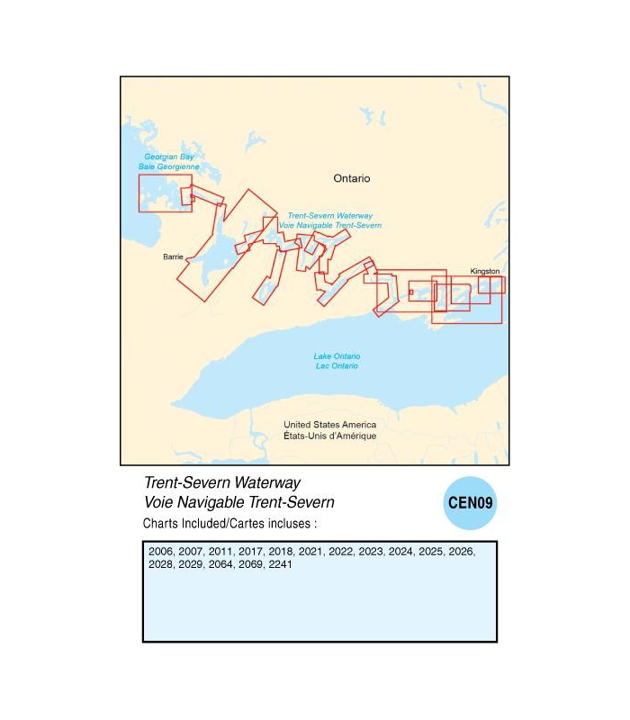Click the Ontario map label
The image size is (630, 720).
[351, 178]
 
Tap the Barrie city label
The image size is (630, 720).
[173, 257]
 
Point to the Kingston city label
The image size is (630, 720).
[484, 270]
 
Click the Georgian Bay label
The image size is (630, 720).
[169, 157]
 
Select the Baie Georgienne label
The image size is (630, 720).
[169, 167]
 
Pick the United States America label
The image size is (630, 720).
[329, 425]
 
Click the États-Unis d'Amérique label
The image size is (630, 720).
[329, 436]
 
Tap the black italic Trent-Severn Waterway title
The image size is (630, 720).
[222, 483]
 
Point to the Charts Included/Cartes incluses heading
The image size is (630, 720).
[229, 523]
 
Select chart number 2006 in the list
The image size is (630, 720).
[161, 551]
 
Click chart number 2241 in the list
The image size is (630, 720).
[280, 564]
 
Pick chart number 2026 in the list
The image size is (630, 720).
[461, 551]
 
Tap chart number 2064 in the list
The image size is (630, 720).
[220, 564]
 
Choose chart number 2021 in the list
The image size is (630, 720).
[310, 551]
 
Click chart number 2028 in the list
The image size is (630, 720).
[161, 564]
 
